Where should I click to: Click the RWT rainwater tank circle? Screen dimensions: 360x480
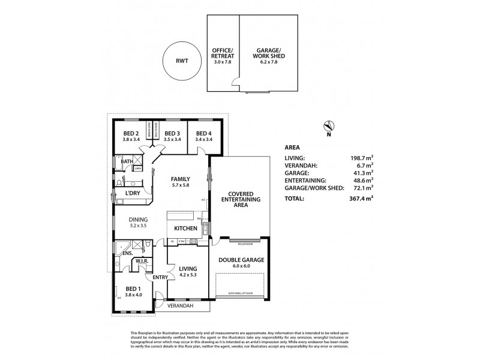point(180,61)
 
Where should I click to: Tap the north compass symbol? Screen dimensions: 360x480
point(329,126)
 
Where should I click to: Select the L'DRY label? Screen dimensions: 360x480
point(132,194)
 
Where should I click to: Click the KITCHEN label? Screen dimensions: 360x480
point(186,229)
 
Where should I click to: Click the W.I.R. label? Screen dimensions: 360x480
point(142,261)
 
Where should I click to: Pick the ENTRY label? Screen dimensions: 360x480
point(160,277)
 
